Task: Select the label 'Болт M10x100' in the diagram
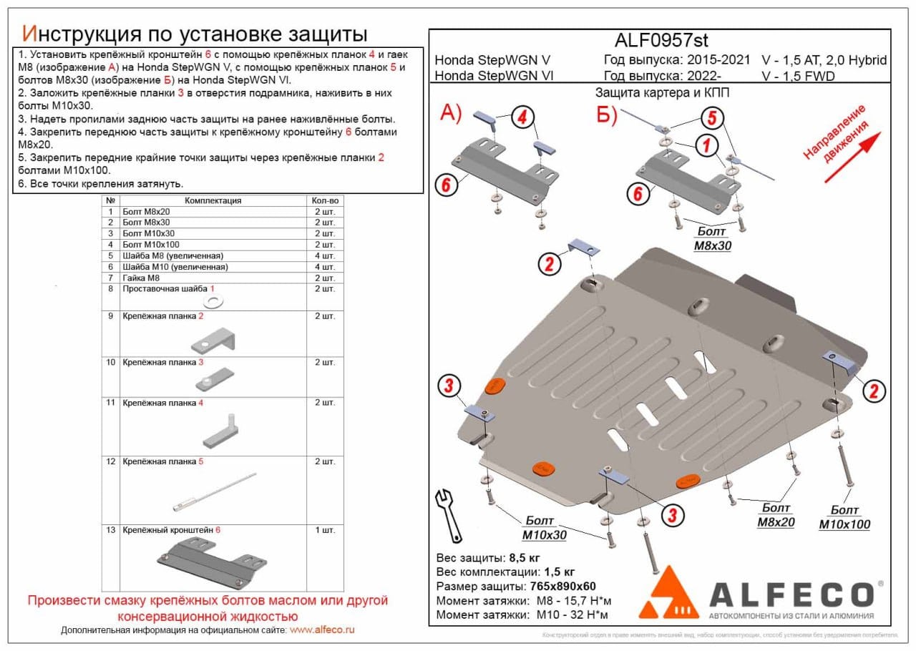pos(844,517)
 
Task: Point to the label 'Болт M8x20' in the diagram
pos(776,515)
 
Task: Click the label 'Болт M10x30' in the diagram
pos(545,528)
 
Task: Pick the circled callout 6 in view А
pos(445,185)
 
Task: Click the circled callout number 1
pos(706,146)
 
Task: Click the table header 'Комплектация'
pos(213,201)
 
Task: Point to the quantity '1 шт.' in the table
pos(323,530)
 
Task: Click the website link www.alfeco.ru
pos(322,630)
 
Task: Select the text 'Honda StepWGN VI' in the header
pos(493,76)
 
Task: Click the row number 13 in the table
pos(110,530)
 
